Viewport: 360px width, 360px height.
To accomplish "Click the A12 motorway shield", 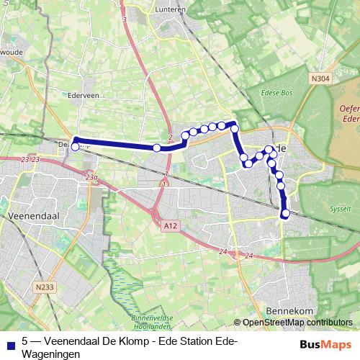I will [x=169, y=226].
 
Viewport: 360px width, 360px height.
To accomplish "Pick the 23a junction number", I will [x=90, y=177].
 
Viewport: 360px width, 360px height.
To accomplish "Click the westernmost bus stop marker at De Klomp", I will [x=75, y=147].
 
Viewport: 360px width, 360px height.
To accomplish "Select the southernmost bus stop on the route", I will [x=286, y=213].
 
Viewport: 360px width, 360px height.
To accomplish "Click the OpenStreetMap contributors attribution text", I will [x=297, y=323].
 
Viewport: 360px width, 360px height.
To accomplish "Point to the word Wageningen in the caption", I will [x=47, y=354].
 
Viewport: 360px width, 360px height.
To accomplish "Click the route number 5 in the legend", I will [x=25, y=342].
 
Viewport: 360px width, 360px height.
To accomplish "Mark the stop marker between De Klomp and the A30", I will [x=156, y=148].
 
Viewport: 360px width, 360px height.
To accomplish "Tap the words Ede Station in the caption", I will [x=190, y=342].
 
